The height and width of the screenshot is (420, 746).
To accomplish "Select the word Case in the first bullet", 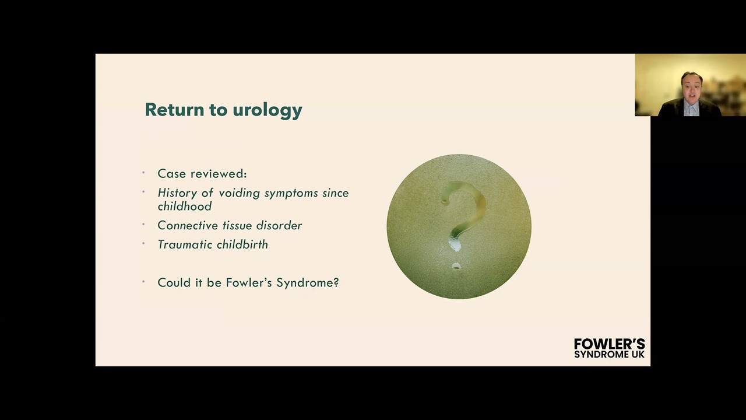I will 172,174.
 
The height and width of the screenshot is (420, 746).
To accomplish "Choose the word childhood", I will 184,206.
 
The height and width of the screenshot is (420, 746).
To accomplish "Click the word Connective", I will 186,226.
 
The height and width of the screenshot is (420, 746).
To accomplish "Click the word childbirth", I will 242,245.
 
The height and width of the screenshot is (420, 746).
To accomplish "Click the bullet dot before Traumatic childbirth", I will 143,243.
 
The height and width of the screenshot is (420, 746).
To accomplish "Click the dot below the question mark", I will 456,267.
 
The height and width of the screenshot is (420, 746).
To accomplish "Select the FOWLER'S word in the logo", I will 609,344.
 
